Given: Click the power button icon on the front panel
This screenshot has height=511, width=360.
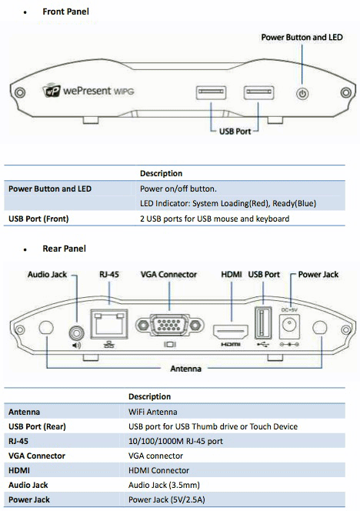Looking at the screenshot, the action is point(302,94).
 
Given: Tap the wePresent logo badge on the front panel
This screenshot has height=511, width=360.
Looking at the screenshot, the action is point(52,90).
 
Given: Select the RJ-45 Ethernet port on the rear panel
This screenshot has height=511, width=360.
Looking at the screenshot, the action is point(108,324).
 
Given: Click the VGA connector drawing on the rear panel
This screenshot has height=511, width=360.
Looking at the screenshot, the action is point(169,325).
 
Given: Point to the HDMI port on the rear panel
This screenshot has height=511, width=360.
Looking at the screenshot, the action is point(231,332).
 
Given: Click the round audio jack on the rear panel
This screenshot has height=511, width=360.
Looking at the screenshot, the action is point(77,333).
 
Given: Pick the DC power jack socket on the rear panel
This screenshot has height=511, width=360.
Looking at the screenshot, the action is point(289,326).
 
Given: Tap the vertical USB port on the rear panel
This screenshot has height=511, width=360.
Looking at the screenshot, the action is point(262,322).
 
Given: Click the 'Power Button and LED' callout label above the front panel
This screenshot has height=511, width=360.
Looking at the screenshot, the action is point(302,38).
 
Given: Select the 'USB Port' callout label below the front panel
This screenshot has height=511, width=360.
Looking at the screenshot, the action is point(235,132).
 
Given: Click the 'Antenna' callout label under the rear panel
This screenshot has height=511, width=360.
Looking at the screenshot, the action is point(185,369).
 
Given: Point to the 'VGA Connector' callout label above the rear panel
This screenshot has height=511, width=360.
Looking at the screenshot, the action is point(168,275).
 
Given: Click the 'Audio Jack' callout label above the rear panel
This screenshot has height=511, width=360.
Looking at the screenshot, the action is point(47,275).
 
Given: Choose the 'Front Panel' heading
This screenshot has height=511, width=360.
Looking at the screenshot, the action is point(66,12).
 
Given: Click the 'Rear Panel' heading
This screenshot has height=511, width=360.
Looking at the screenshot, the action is point(64,249).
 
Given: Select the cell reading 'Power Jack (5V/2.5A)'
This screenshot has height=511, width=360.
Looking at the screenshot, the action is point(167,499).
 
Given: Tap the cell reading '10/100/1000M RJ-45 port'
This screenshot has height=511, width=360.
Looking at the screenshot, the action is point(175,441).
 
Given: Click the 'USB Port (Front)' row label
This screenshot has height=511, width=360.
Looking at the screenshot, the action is point(38,219).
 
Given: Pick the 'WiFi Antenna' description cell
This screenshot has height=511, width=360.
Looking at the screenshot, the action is point(153,412).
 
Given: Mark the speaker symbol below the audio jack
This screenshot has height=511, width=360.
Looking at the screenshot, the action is point(76,345).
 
